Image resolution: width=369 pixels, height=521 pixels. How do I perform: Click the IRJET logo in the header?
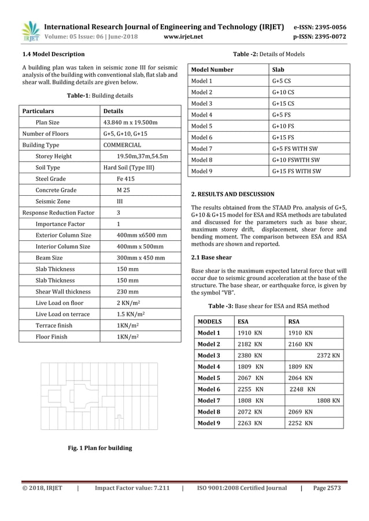[x=29, y=32]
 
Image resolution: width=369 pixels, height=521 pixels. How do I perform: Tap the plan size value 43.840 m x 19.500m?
[x=131, y=122]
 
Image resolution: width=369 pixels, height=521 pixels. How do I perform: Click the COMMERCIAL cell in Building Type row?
[x=122, y=145]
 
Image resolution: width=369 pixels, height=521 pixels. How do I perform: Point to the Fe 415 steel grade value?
[x=127, y=179]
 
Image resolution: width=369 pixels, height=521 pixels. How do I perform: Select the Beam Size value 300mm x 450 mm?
[x=141, y=258]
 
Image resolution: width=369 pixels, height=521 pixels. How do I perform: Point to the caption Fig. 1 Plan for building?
[x=100, y=448]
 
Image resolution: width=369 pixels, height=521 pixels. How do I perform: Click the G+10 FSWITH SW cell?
[x=296, y=160]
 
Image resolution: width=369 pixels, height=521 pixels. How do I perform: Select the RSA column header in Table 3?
[x=294, y=321]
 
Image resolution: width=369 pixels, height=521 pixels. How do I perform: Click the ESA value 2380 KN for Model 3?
[x=250, y=355]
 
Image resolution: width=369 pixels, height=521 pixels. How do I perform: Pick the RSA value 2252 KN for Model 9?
[x=300, y=422]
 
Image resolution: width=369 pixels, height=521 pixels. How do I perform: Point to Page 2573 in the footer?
[x=327, y=488]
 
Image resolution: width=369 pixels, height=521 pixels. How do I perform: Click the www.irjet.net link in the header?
[x=184, y=36]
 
